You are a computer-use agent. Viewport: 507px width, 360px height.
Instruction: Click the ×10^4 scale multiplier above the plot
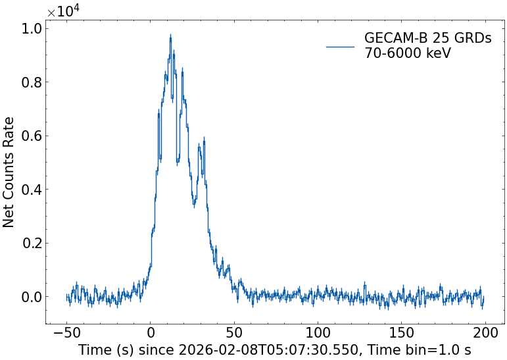64,11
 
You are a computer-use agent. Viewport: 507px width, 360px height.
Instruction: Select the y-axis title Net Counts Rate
9,172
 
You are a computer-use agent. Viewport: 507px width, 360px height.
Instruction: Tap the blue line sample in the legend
340,46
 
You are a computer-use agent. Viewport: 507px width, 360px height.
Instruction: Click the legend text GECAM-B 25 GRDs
427,39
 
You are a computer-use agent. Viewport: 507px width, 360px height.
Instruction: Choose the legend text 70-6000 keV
408,53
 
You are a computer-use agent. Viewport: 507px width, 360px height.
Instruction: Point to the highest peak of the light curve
170,36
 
